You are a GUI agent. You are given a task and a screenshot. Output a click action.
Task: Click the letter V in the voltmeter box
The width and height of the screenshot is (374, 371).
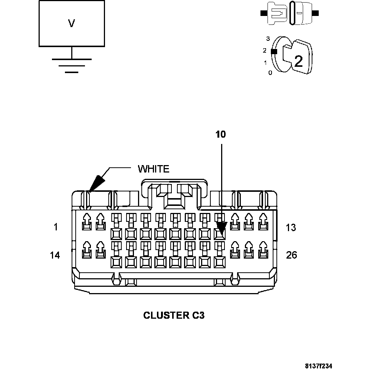click(72, 24)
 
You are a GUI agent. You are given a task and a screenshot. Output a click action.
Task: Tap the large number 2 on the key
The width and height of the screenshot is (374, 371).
click(298, 61)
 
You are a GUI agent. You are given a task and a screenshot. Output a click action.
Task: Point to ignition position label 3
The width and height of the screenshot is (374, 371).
click(268, 39)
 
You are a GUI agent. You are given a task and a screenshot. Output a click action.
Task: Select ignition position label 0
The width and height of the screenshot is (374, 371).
click(270, 73)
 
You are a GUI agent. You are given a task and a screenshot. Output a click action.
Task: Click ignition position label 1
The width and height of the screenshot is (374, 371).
click(265, 63)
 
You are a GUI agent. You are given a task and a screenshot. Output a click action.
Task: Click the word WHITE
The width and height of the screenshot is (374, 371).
click(154, 169)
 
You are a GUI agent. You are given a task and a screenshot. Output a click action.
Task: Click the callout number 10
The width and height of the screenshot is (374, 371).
click(221, 134)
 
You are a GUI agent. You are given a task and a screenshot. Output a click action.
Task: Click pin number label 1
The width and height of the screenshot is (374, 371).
click(56, 227)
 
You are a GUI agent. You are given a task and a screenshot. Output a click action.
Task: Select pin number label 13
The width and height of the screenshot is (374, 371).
click(291, 227)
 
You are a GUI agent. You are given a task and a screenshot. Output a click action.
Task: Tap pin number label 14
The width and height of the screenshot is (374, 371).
click(55, 255)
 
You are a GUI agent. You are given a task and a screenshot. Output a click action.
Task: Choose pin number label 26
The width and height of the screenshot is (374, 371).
click(292, 255)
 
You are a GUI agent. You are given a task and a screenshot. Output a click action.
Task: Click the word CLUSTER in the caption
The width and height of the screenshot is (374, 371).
click(165, 315)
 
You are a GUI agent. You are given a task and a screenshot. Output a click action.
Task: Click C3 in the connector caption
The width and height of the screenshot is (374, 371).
click(198, 315)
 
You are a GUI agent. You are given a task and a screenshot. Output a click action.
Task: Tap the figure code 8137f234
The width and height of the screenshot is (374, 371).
click(318, 366)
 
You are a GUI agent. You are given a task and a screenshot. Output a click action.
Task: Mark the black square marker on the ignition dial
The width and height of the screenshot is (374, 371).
click(274, 52)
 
